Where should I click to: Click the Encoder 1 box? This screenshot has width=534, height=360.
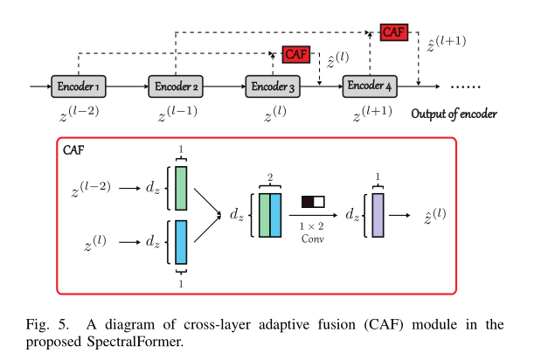[x=79, y=87]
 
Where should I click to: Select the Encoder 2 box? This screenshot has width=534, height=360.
[x=177, y=87]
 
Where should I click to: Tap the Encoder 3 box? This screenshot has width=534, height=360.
[x=274, y=87]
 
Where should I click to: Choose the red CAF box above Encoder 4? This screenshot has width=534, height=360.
[x=393, y=32]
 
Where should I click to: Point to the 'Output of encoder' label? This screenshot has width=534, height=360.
[x=454, y=114]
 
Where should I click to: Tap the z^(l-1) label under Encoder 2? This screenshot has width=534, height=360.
[x=177, y=114]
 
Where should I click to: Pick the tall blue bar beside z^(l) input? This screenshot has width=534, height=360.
[x=181, y=242]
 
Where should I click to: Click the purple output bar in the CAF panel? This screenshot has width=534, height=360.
[x=378, y=214]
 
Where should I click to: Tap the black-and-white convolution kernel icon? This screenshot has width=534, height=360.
[x=313, y=202]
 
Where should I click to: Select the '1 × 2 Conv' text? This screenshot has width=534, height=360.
[x=313, y=232]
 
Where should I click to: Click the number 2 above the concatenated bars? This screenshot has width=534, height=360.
[x=270, y=177]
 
